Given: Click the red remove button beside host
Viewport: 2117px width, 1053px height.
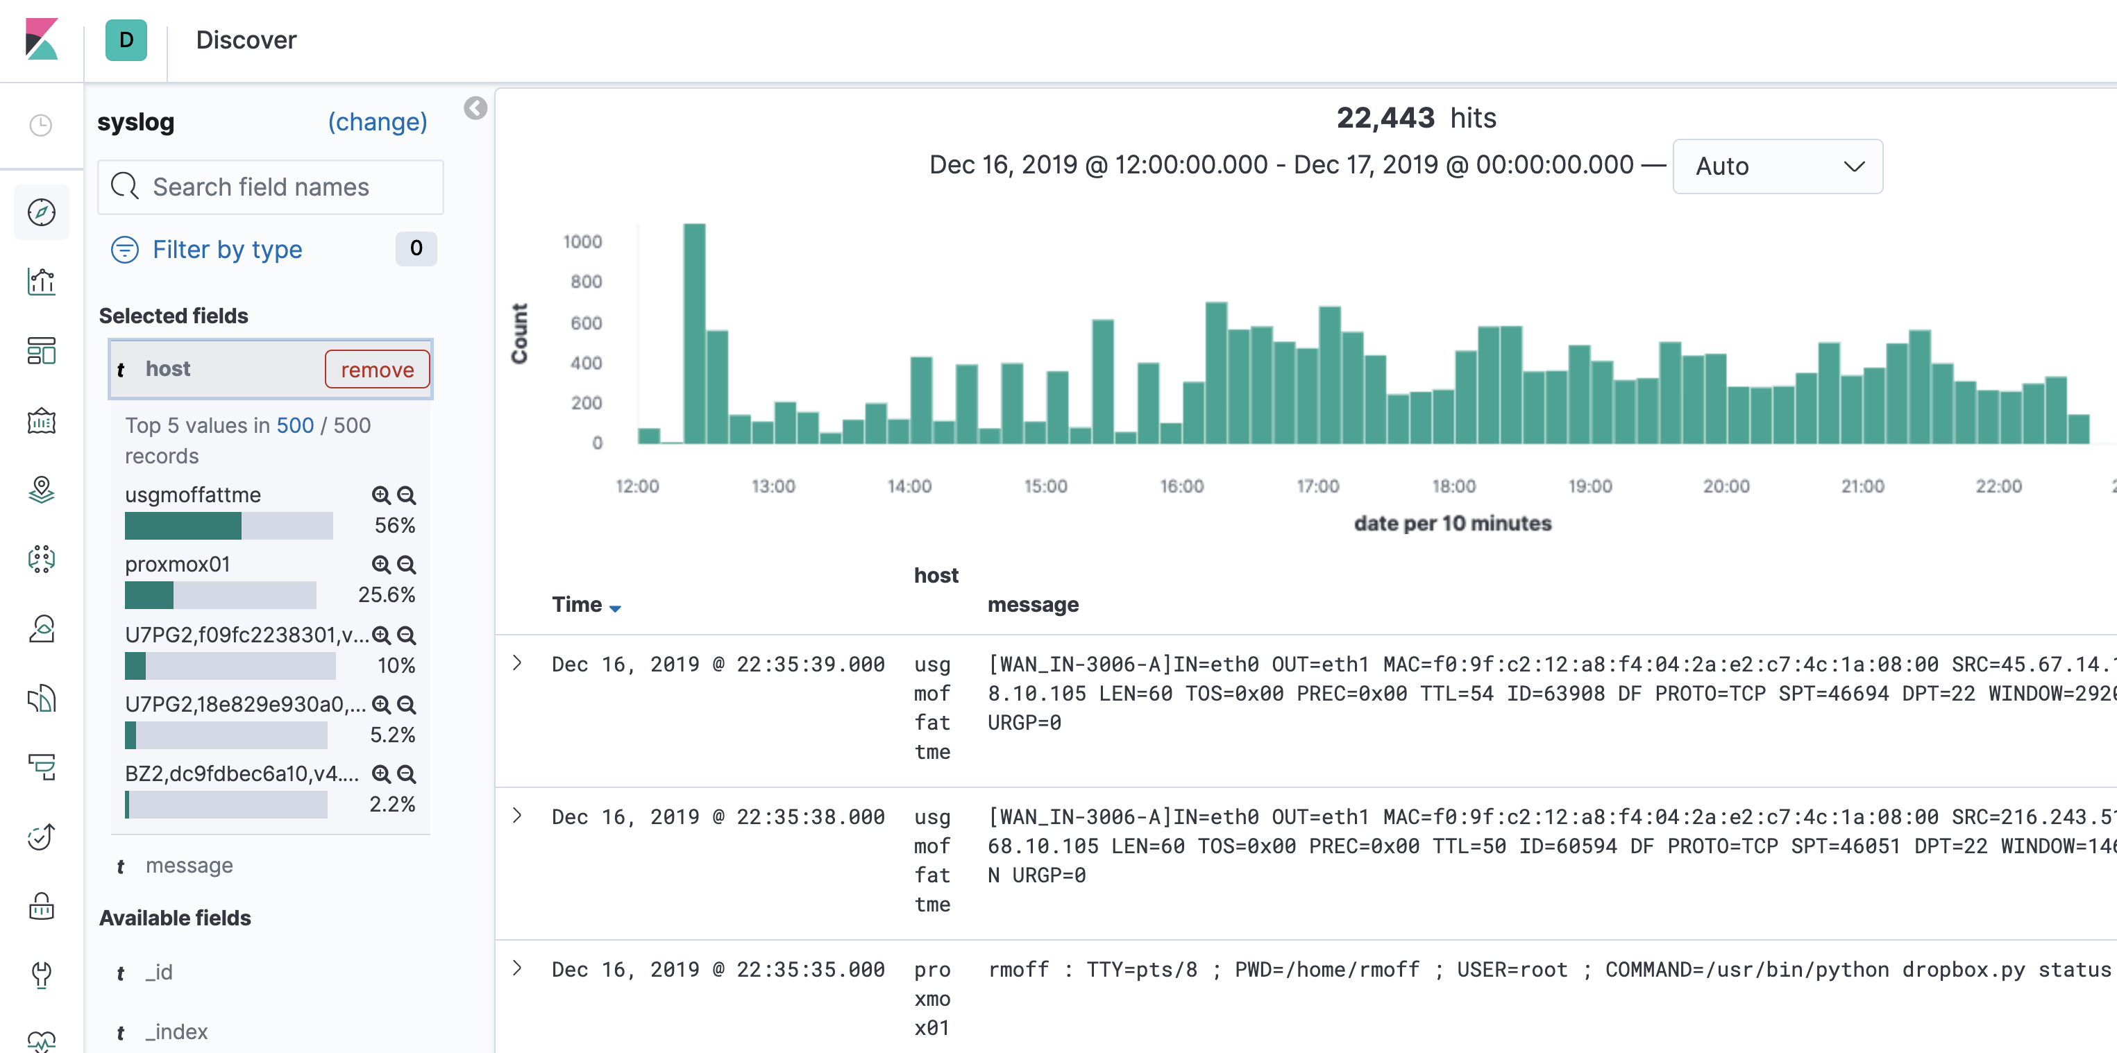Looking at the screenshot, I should pyautogui.click(x=377, y=370).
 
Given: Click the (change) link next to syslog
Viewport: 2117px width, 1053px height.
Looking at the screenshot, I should pyautogui.click(x=377, y=121).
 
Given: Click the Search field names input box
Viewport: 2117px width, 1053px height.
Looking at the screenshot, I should pyautogui.click(x=271, y=187).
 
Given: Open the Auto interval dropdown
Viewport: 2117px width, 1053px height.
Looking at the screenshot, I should pyautogui.click(x=1777, y=166).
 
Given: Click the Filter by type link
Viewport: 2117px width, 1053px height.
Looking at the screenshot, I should pyautogui.click(x=227, y=250).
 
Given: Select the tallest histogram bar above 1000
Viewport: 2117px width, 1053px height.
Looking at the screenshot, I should pyautogui.click(x=694, y=333).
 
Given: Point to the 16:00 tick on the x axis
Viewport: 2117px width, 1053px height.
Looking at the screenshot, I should pyautogui.click(x=1181, y=486).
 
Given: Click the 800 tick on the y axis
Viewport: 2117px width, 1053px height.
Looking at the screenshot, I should pyautogui.click(x=586, y=282).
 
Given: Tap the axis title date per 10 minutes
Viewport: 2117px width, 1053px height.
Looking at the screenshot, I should pyautogui.click(x=1452, y=523).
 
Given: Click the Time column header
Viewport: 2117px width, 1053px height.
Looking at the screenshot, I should pyautogui.click(x=577, y=604).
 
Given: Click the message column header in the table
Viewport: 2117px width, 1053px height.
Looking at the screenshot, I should pyautogui.click(x=1033, y=604).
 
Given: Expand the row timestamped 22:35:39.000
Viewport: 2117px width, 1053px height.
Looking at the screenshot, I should pyautogui.click(x=517, y=663).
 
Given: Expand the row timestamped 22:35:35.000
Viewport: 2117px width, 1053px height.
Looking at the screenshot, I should pyautogui.click(x=517, y=968).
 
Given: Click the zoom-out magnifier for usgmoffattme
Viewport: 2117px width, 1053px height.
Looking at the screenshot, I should pyautogui.click(x=406, y=495).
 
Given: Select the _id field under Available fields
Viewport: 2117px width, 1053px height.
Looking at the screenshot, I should pyautogui.click(x=160, y=973).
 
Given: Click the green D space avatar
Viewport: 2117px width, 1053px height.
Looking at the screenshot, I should pyautogui.click(x=126, y=40).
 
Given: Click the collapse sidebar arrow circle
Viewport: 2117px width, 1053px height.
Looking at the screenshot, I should pyautogui.click(x=475, y=108).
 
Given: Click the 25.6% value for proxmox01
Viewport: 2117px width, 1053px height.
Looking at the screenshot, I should pyautogui.click(x=385, y=594).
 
